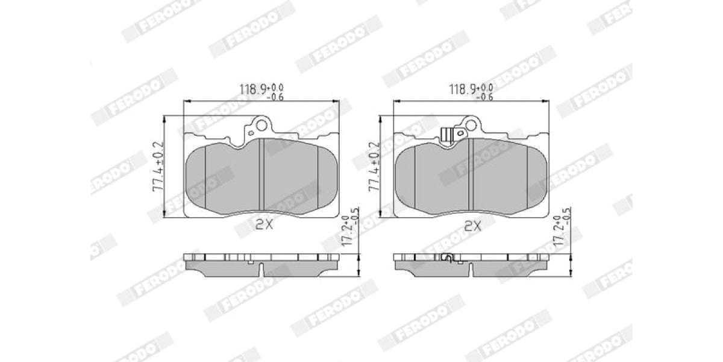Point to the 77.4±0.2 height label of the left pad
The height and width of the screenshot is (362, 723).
point(158,167)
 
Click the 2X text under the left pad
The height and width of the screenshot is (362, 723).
point(264,225)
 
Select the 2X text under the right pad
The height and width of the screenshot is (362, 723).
point(473,226)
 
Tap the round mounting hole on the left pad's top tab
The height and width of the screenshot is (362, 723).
point(261,125)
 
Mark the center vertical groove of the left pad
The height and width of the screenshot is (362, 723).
point(261,175)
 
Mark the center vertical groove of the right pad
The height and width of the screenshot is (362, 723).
point(470,175)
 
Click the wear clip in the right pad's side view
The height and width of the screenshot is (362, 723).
point(446,258)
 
